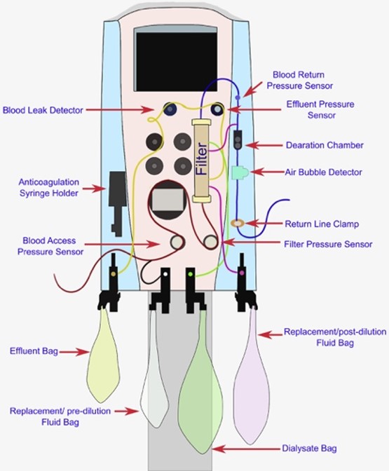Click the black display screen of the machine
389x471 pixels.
(177, 62)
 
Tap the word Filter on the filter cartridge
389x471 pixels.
(201, 159)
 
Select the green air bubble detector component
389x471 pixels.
(240, 172)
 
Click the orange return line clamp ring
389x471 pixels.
(238, 223)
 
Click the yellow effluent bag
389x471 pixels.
(103, 357)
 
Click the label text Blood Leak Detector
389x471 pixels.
(43, 110)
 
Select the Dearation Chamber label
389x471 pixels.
(325, 145)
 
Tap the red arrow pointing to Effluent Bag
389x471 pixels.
(74, 352)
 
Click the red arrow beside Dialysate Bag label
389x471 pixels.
(246, 449)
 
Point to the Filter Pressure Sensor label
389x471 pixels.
(328, 244)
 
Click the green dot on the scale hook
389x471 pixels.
(190, 274)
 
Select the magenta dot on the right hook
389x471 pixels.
(242, 273)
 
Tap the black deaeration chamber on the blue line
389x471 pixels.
(238, 139)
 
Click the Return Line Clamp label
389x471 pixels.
(322, 224)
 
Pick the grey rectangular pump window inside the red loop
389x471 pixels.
(168, 200)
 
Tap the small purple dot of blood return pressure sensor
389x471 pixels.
(238, 97)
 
